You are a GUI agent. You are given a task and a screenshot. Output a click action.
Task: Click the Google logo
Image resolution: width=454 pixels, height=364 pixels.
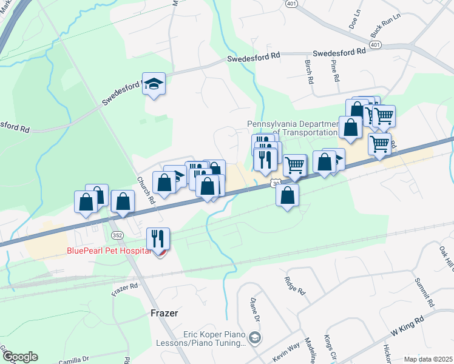(19, 357)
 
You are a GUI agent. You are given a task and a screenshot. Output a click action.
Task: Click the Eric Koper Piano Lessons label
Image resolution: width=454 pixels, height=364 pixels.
(215, 339)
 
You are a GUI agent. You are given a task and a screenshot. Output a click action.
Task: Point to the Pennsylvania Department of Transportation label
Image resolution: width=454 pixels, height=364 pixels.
(292, 128)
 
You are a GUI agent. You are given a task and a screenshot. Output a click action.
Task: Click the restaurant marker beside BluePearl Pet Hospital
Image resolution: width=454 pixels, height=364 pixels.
(158, 239)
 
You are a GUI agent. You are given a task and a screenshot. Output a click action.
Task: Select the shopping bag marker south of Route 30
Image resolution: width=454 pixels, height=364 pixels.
(288, 195)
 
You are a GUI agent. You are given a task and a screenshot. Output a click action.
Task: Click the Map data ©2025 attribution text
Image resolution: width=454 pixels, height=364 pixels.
(428, 359)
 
